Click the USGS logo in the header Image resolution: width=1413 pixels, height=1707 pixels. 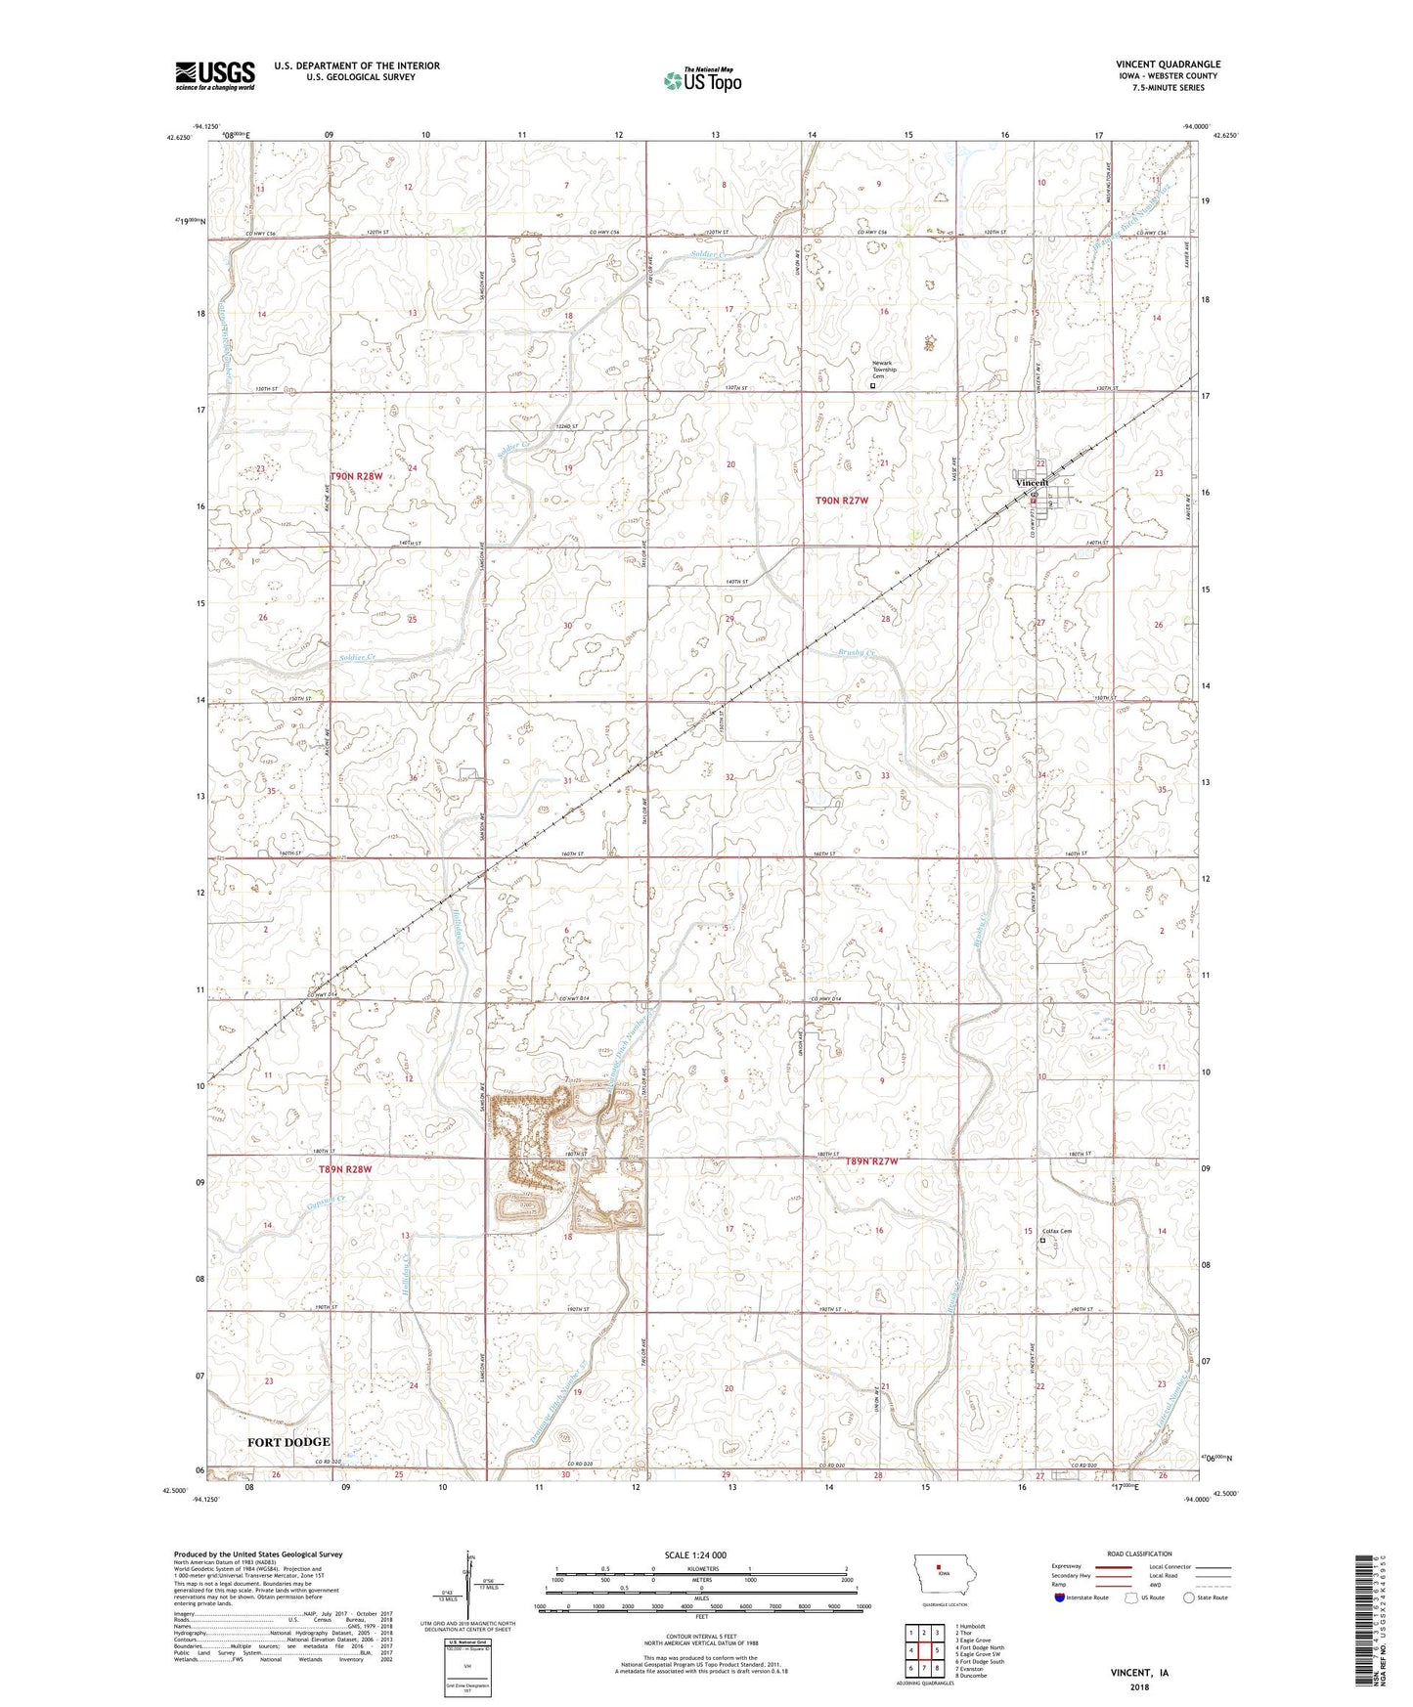(215, 75)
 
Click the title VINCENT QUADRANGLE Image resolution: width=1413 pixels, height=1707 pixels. (1168, 65)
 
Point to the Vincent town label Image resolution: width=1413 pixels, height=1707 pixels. (1032, 483)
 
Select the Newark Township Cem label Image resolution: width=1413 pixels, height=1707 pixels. (884, 371)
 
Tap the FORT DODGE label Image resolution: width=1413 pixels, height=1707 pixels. (288, 1442)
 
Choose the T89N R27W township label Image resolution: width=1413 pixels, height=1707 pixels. (870, 1161)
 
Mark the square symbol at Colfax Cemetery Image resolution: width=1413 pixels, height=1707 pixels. (1042, 1241)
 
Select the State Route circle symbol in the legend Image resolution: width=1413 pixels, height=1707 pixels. (1188, 1598)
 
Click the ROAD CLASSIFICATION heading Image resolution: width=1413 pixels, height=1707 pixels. (1141, 1554)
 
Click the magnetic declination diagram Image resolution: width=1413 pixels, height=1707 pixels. (467, 1579)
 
